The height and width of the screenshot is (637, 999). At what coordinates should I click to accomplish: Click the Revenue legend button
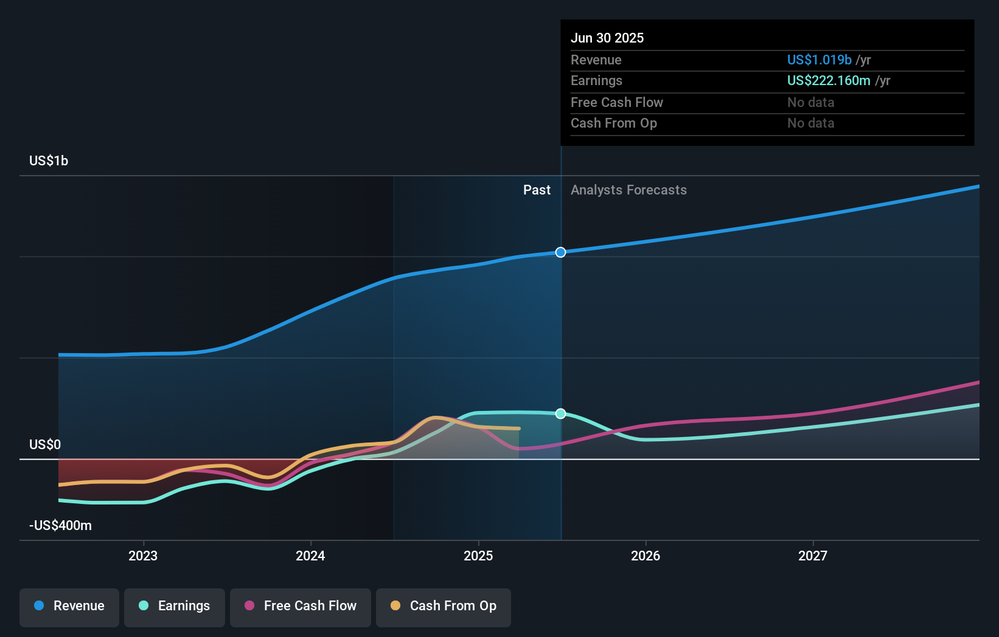pos(69,606)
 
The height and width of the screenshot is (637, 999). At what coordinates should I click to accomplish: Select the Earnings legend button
pos(175,606)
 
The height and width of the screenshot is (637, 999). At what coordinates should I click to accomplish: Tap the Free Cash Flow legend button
pos(301,606)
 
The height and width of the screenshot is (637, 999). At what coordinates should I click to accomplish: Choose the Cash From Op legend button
pos(444,606)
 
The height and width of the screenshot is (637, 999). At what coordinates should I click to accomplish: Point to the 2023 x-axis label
pos(143,556)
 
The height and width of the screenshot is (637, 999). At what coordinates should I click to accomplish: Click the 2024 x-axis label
pos(310,556)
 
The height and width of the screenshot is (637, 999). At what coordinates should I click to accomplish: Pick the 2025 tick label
pos(478,556)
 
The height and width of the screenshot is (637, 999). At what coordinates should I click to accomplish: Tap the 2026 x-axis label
pos(646,556)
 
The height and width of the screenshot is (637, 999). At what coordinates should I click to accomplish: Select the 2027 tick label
pos(813,556)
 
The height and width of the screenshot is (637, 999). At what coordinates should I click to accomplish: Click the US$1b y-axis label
pos(49,160)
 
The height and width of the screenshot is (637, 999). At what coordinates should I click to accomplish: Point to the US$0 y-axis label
pos(45,444)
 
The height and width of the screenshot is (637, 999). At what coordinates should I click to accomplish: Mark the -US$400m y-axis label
pos(60,525)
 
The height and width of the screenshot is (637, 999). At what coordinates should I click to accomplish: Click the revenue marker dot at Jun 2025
pos(561,252)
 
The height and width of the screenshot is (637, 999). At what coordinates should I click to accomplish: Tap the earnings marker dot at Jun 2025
pos(561,414)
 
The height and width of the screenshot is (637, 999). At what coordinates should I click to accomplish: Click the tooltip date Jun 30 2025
pos(607,38)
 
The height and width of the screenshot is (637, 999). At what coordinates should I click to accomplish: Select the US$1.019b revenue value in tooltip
pos(819,60)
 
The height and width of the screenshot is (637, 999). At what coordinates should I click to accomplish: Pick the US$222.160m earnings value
pos(829,80)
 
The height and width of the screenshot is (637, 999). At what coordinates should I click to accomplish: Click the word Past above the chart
pos(537,190)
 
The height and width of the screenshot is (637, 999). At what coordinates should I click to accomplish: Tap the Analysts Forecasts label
pos(628,190)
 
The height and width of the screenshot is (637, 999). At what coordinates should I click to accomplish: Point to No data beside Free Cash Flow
pos(810,102)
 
